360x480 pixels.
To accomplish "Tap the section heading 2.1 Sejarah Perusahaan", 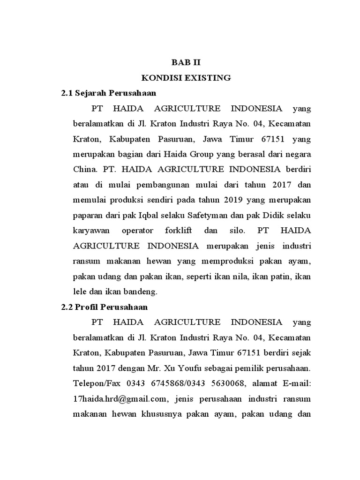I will pos(109,93).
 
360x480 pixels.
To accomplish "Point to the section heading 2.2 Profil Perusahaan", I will pos(105,307).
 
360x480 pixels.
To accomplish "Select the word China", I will pos(82,170).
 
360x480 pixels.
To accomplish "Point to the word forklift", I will pos(178,231).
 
